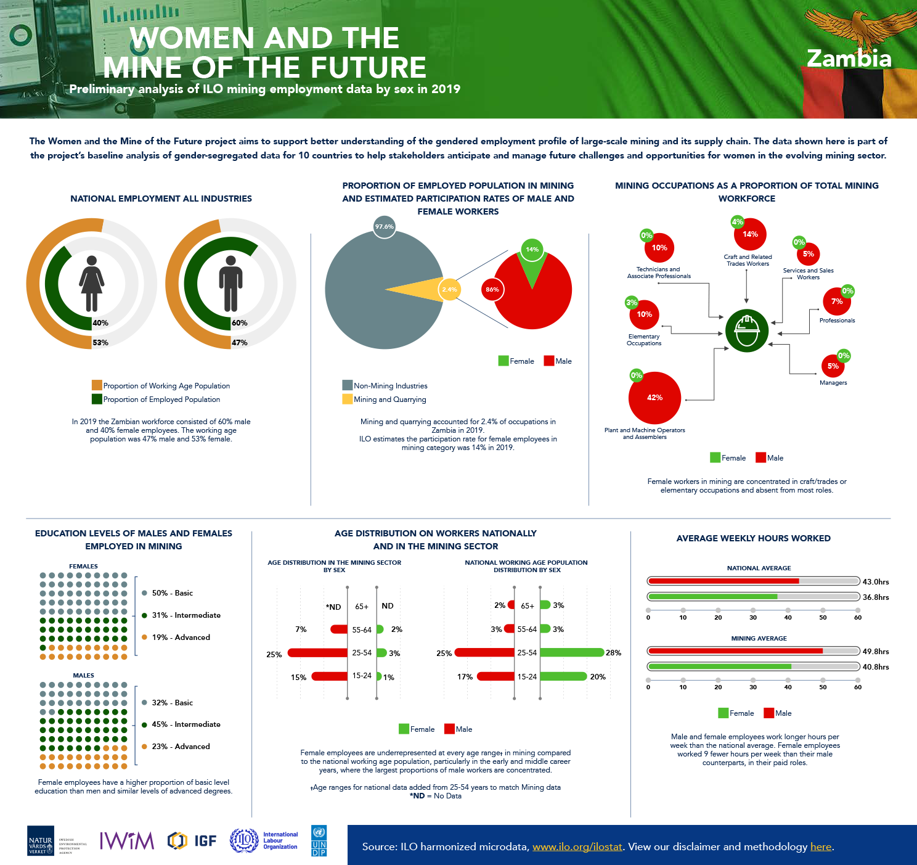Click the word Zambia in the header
tap(849, 59)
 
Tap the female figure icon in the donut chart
tap(92, 283)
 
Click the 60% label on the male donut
tap(239, 323)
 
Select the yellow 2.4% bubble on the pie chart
tap(449, 289)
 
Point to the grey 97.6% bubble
tap(384, 227)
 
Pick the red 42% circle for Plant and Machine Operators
tap(654, 398)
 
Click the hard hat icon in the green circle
tap(747, 330)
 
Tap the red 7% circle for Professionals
tap(836, 301)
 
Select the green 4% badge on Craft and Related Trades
tap(737, 222)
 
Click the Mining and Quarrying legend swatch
tap(347, 399)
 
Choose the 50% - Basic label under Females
tap(172, 593)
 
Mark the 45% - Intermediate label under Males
tap(185, 724)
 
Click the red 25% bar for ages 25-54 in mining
tap(317, 653)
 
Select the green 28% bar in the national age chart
tap(572, 652)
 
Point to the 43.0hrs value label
tap(876, 581)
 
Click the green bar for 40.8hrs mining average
tap(720, 666)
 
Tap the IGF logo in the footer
tap(192, 840)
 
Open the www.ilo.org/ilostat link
tap(577, 847)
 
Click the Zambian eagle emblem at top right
tap(851, 28)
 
